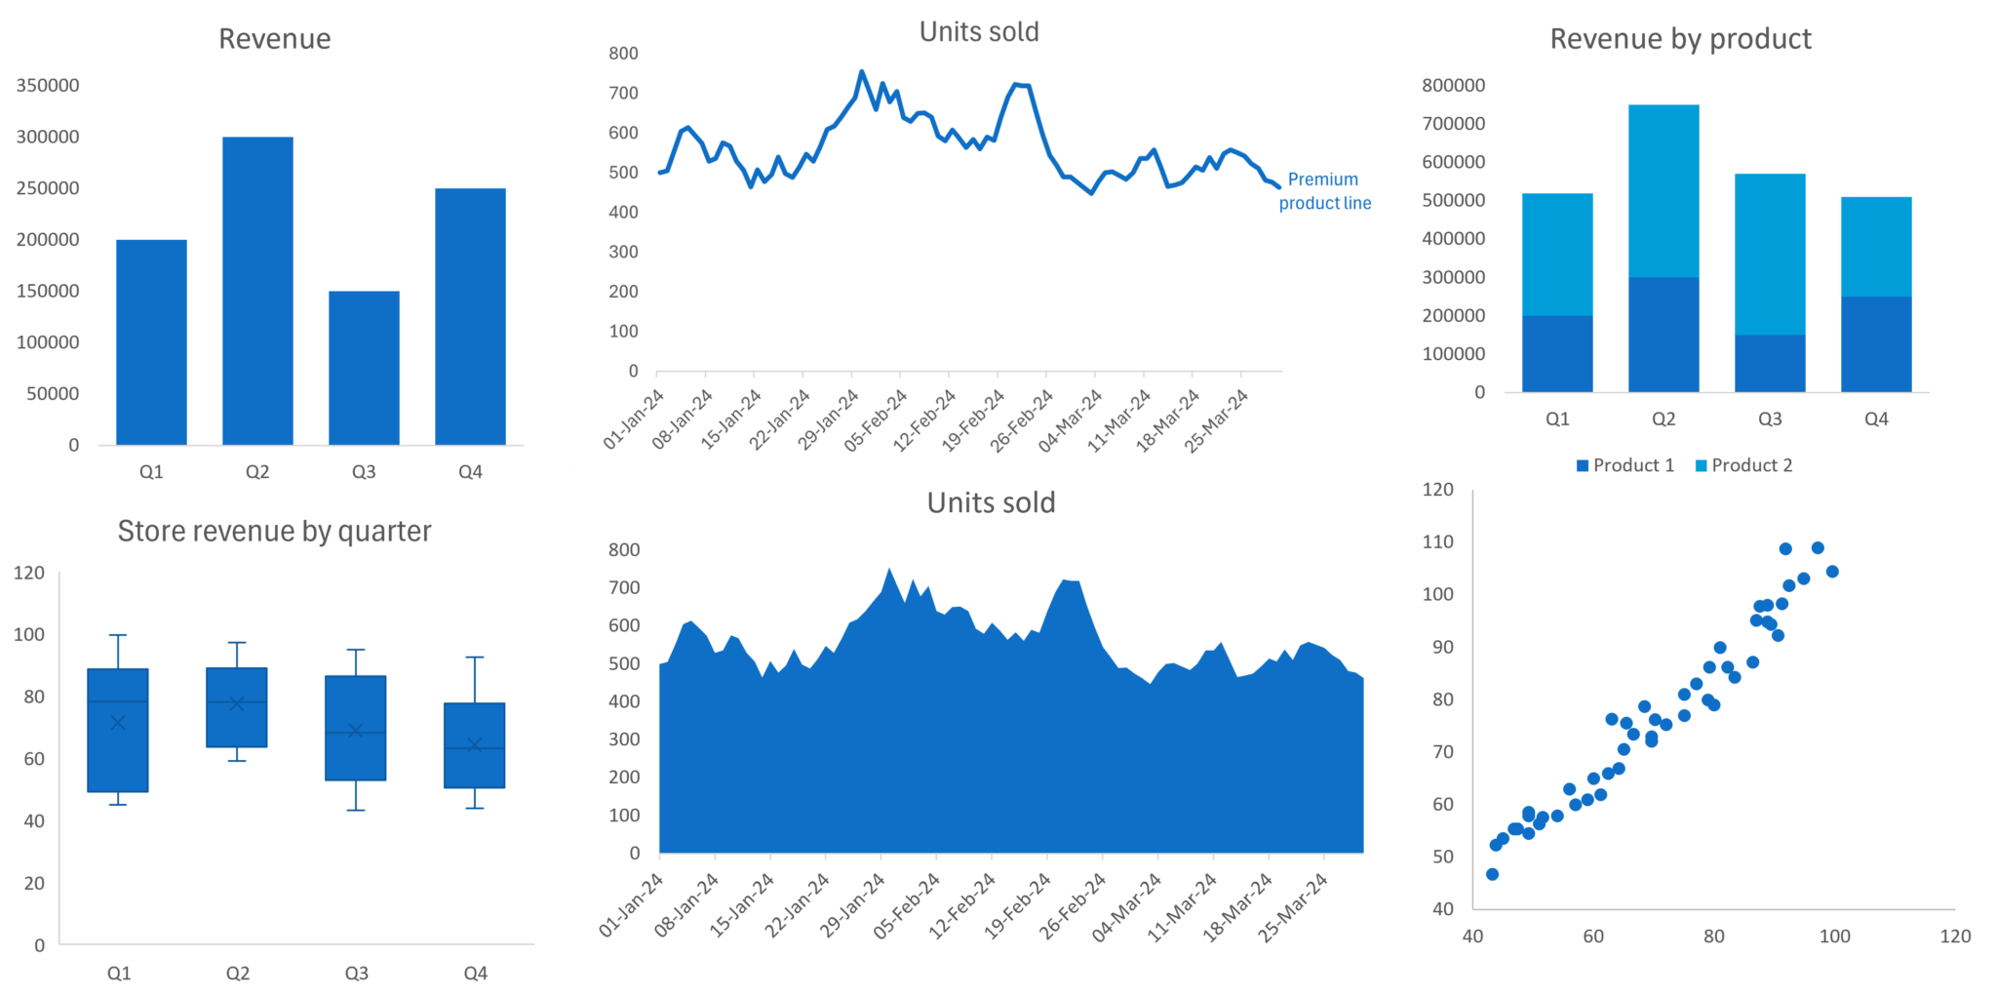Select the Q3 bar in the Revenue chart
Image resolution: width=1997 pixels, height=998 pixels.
[x=364, y=368]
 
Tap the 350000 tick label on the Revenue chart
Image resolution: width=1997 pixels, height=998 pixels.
[x=48, y=86]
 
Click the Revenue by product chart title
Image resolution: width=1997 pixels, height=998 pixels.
[x=1680, y=39]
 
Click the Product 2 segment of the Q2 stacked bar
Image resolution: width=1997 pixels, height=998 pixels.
[x=1664, y=190]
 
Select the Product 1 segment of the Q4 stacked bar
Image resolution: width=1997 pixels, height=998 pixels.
[x=1876, y=344]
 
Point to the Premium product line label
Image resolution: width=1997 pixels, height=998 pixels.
[x=1324, y=191]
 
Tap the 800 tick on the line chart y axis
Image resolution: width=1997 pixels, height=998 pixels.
[x=623, y=54]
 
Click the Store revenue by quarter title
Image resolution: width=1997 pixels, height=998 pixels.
[x=274, y=532]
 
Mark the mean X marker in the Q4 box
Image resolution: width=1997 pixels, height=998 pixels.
[x=475, y=744]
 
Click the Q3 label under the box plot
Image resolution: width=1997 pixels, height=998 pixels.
[x=356, y=973]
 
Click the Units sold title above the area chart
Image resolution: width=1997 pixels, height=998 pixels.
[x=991, y=502]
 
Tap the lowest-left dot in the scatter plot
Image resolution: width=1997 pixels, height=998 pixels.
[x=1492, y=874]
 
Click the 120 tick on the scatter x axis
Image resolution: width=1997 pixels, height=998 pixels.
[x=1955, y=937]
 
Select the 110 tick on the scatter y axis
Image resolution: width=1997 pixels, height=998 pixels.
[x=1437, y=541]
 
